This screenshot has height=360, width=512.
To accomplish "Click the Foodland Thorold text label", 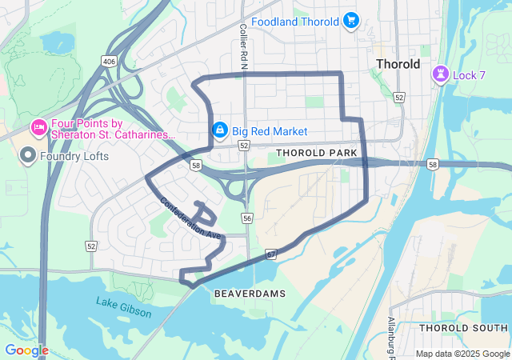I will pos(295,21).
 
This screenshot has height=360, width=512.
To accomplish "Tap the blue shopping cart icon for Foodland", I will pos(350,21).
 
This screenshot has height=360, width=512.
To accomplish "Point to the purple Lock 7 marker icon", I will pos(439,74).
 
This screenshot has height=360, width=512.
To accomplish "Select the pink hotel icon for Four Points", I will pos(38,127).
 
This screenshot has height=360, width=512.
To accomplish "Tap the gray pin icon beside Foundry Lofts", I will pos(28,156).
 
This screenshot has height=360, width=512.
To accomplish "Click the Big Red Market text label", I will pos(270,131).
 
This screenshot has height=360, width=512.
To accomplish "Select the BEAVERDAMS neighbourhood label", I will pos(250,294).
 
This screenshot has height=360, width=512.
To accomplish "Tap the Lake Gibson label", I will pos(123,307).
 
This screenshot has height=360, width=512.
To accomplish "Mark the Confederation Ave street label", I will pos(190,218).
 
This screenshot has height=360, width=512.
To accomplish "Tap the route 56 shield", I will pos(247,218).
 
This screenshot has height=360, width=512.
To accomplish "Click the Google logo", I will pos(26,350).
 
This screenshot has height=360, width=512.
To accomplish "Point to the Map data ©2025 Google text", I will pos(462,354).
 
